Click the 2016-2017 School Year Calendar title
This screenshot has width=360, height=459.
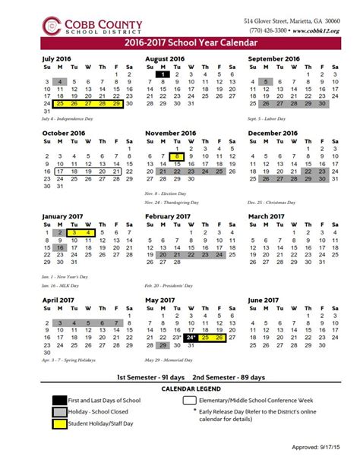[x=180, y=43]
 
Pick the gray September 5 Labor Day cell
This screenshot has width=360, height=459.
[x=267, y=82]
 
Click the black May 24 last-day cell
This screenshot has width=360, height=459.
[x=191, y=316]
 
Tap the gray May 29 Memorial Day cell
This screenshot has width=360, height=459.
[x=163, y=324]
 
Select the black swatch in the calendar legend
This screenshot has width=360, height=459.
[x=60, y=400]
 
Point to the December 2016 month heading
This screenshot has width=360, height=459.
[x=273, y=133]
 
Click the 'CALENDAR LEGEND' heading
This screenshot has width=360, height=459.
[x=180, y=388]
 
